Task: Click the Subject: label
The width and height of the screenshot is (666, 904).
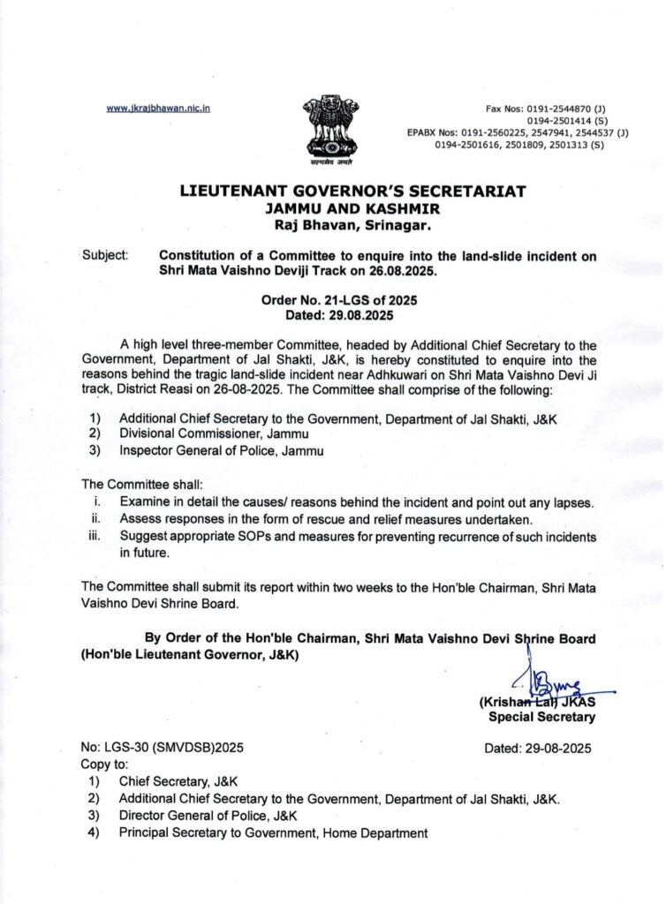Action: pyautogui.click(x=105, y=256)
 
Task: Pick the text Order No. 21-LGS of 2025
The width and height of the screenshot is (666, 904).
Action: pyautogui.click(x=333, y=301)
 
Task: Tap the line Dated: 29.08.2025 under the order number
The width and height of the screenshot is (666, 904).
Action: pyautogui.click(x=333, y=315)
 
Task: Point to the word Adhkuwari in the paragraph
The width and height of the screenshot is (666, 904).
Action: pyautogui.click(x=337, y=374)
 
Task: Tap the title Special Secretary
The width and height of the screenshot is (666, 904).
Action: pyautogui.click(x=541, y=717)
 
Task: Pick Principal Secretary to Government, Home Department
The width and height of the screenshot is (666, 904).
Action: pyautogui.click(x=274, y=832)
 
